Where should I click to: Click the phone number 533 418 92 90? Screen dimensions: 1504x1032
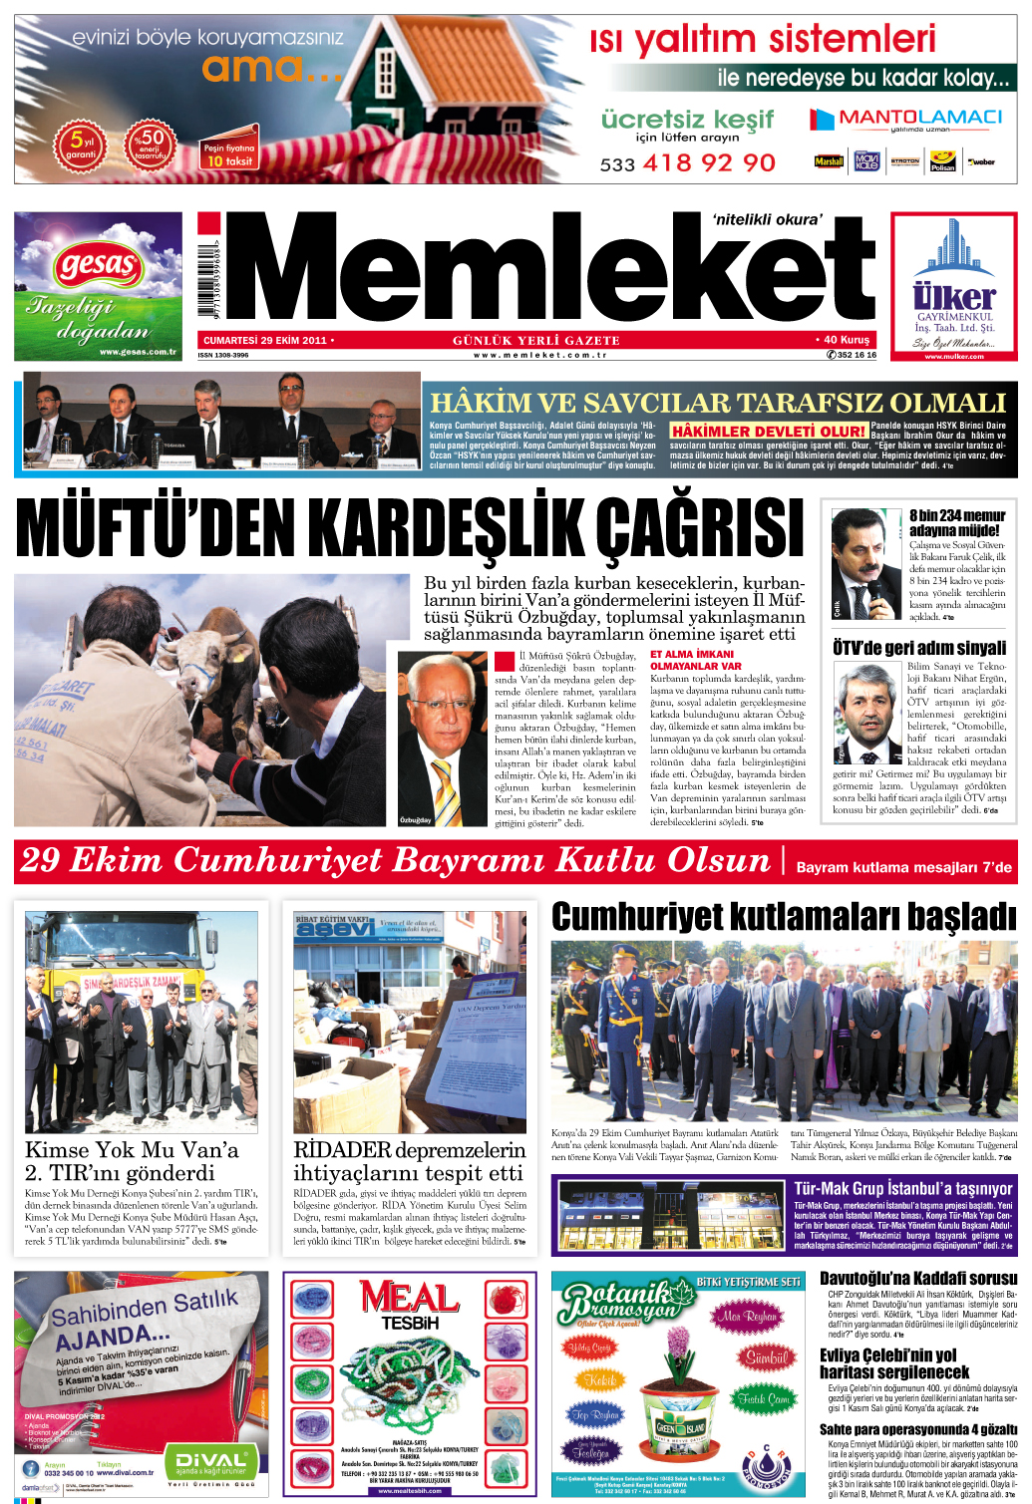688,162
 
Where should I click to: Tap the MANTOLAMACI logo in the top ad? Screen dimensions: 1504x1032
905,119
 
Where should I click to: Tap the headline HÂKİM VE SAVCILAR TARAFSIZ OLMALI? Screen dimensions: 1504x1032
718,403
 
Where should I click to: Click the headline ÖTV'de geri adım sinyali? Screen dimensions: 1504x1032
919,648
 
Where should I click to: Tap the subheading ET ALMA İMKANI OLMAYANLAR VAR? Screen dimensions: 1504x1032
696,660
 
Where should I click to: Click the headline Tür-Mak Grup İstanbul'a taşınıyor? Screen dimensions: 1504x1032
902,1188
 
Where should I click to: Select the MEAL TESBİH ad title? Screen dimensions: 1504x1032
410,1307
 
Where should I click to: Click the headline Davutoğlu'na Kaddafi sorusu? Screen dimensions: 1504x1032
918,1279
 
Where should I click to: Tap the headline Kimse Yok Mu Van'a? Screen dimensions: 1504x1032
132,1149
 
